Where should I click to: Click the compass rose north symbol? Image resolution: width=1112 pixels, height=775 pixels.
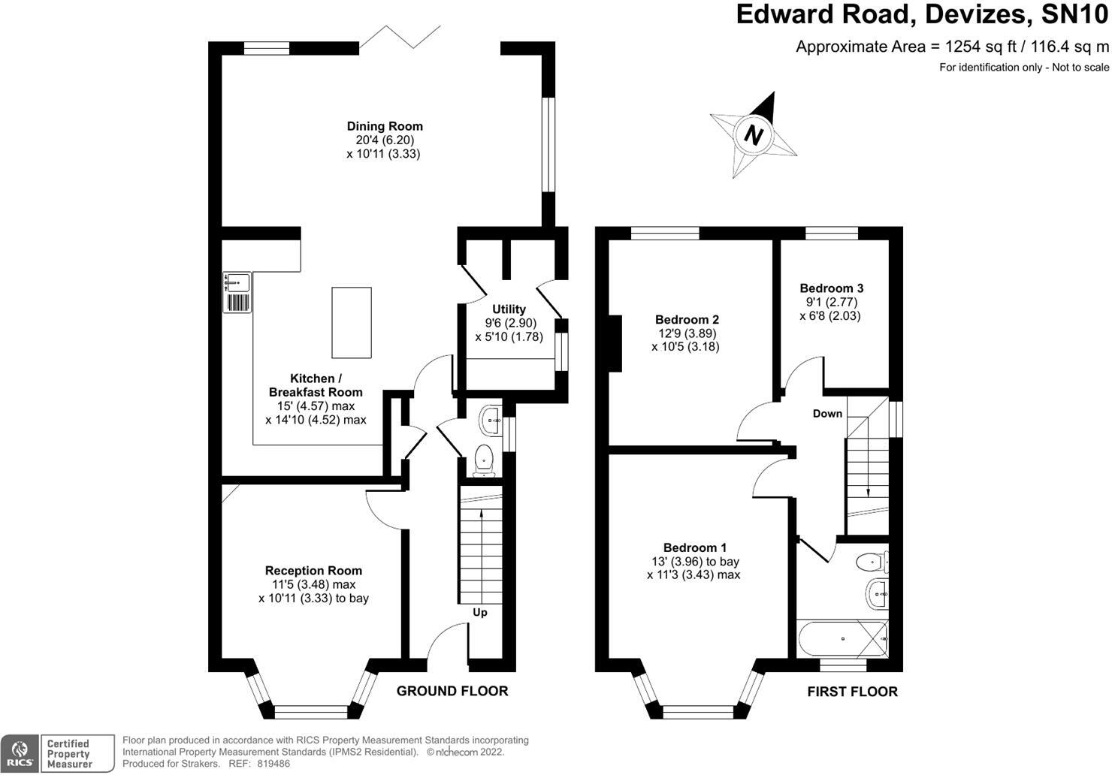[x=754, y=136]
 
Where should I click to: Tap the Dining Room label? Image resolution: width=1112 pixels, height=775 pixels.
[x=384, y=126]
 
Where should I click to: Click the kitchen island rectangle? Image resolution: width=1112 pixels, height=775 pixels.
[x=351, y=322]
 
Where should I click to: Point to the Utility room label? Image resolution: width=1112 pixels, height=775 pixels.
[x=509, y=309]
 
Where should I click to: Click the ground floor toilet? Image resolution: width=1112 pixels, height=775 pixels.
[x=484, y=457]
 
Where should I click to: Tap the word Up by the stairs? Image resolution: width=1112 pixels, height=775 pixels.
[x=480, y=612]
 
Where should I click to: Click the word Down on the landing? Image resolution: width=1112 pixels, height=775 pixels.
[x=827, y=414]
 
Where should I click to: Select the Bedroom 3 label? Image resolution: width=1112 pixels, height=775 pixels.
[x=831, y=288]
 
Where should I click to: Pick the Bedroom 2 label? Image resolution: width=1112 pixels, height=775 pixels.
[x=687, y=319]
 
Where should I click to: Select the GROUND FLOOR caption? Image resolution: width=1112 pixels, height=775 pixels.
[x=452, y=691]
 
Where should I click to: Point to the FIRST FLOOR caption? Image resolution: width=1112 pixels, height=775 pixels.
[x=852, y=692]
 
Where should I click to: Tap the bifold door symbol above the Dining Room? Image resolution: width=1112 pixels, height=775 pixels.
[x=400, y=37]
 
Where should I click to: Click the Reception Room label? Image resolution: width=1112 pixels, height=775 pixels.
[x=313, y=571]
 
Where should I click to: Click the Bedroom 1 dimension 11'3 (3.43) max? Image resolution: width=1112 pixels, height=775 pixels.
[x=693, y=575]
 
